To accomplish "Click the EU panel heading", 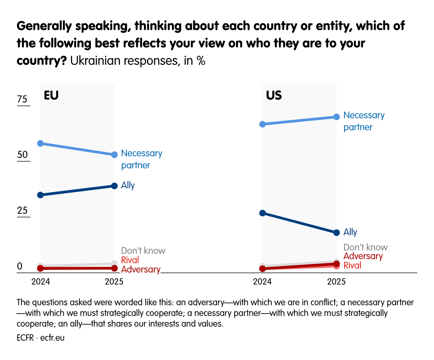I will click(51, 96).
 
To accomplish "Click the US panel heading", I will click(274, 96).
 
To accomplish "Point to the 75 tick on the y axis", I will click(22, 100).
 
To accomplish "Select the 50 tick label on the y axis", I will click(22, 155).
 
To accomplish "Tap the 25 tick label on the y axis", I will click(22, 211).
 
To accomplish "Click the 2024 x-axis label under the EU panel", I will click(41, 282).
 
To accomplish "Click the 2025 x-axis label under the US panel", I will click(337, 282).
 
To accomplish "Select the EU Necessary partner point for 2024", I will click(40, 143).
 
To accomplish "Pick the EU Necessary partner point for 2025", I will click(114, 155).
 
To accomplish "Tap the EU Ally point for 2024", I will click(40, 195).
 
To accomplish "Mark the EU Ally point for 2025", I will click(114, 186).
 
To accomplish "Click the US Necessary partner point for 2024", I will click(262, 124).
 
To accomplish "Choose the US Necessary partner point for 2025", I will click(337, 117).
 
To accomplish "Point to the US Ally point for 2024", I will click(262, 213).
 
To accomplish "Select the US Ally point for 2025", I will click(337, 232).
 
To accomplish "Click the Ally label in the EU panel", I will click(128, 185).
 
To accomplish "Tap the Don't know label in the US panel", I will click(366, 247).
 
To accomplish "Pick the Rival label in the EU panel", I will click(130, 260).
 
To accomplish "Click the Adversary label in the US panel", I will click(363, 256).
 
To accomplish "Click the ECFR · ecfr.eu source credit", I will click(41, 338).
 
